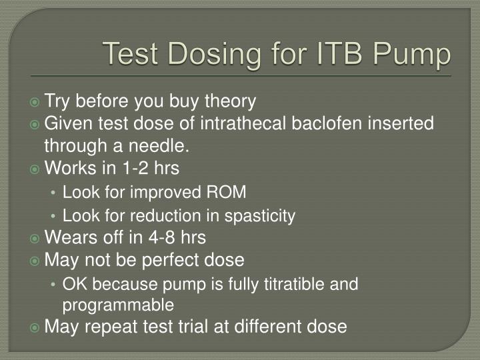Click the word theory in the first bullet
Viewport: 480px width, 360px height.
pyautogui.click(x=229, y=101)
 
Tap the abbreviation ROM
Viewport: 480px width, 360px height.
pyautogui.click(x=229, y=193)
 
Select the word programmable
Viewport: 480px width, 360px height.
pyautogui.click(x=119, y=305)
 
